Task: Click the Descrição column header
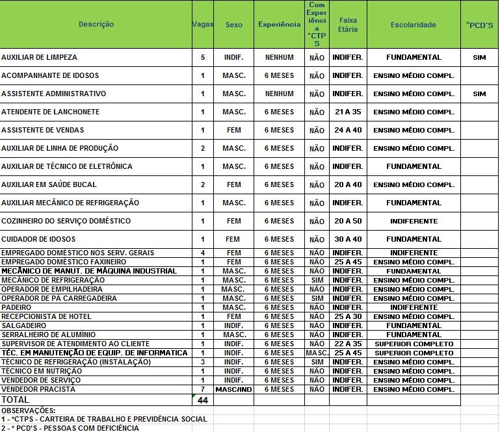pos(96,24)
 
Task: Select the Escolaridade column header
pos(414,25)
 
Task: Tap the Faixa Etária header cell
pos(348,25)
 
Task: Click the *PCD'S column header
pos(479,25)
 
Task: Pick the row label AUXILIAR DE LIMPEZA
pos(39,57)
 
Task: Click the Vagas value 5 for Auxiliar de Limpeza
pos(203,57)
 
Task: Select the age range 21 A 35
pos(348,112)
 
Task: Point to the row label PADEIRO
pos(16,307)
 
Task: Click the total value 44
pos(203,400)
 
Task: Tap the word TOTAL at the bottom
pos(16,400)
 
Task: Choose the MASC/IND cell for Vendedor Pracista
pos(233,389)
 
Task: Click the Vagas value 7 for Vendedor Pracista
pos(203,389)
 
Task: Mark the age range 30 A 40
pos(348,239)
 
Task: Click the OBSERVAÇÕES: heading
pos(29,411)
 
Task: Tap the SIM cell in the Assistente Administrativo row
pos(479,94)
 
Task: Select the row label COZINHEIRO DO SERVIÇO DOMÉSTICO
pos(66,221)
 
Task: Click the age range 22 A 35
pos(348,344)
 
